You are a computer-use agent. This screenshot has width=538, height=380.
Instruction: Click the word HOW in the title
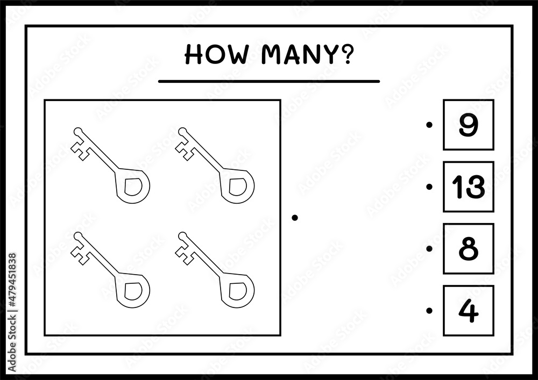click(216, 55)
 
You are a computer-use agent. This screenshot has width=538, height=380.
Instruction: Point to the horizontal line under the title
click(268, 81)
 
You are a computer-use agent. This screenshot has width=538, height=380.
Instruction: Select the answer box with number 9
click(469, 125)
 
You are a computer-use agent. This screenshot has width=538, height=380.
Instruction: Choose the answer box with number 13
click(469, 187)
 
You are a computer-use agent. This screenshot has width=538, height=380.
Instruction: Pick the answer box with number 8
click(469, 249)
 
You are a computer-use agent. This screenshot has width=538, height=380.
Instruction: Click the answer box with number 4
click(469, 311)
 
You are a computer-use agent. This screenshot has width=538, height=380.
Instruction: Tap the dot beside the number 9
click(429, 125)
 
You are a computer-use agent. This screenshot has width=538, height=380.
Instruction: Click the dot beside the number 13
click(429, 187)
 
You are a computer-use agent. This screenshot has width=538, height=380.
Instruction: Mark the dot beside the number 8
click(429, 249)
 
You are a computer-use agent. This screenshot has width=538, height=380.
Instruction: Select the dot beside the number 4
click(429, 311)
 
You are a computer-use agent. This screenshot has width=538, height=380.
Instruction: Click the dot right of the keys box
click(294, 218)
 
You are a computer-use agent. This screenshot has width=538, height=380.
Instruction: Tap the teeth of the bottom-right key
click(185, 253)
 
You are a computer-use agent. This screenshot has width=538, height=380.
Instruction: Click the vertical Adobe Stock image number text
click(12, 312)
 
